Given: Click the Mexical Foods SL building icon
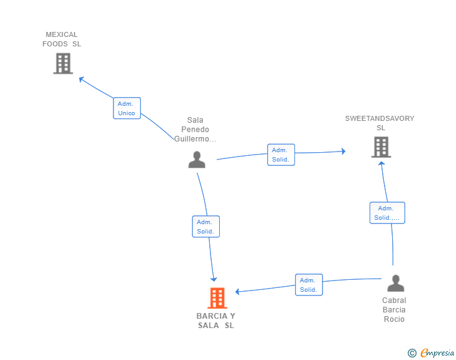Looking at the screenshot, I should (63, 63).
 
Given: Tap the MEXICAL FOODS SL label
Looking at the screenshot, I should (61, 39).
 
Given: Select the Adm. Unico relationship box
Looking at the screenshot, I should (127, 108).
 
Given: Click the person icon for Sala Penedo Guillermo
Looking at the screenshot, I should (197, 160).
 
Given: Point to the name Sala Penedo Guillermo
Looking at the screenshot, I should (195, 130).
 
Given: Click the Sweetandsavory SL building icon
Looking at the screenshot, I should (381, 147).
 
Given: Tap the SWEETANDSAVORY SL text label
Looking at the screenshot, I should (380, 123).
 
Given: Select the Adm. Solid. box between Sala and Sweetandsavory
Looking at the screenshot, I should (281, 155).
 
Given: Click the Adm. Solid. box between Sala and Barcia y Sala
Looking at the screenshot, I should (205, 227).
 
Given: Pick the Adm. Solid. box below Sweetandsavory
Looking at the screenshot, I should (386, 213).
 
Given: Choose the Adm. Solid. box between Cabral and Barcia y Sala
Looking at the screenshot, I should (308, 285).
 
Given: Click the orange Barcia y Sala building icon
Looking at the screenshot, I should (217, 298).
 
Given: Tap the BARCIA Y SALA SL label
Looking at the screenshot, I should (216, 321).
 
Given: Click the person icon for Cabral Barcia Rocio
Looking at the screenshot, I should (395, 284).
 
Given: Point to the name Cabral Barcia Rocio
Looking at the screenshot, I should (394, 310).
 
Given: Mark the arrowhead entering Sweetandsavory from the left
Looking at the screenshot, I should (343, 151).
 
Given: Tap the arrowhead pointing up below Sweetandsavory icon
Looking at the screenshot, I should (381, 163).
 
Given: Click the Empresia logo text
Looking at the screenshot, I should (437, 353).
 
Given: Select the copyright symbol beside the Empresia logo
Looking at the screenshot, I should (412, 353).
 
